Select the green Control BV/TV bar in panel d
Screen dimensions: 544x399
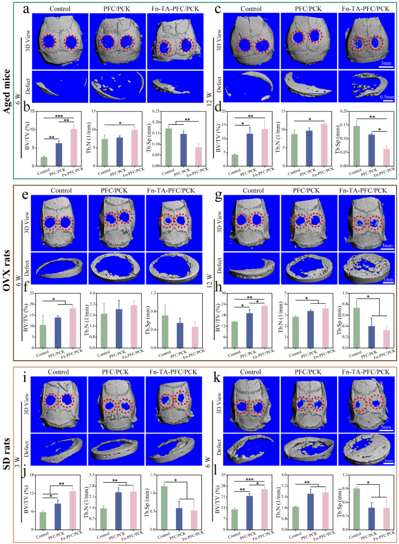(x=235, y=160)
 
